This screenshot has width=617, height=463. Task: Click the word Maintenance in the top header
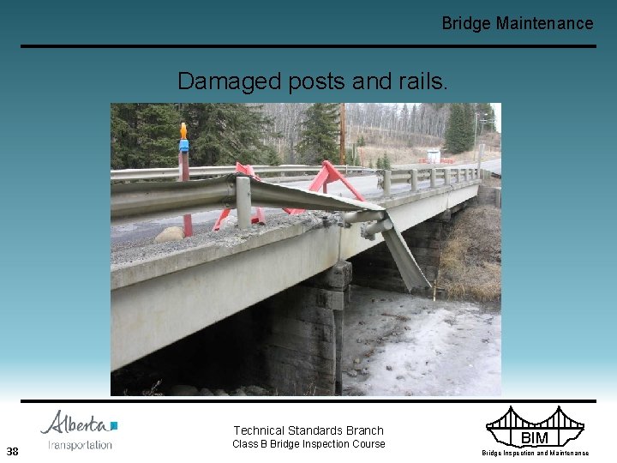tap(544, 23)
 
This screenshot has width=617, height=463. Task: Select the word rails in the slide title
tap(420, 81)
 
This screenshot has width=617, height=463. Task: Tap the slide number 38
tap(12, 451)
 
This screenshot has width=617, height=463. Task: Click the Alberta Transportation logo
tap(80, 430)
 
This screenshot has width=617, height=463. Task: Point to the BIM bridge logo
tap(534, 428)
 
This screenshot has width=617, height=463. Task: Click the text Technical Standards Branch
tap(308, 430)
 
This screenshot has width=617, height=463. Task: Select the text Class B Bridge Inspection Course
tap(308, 444)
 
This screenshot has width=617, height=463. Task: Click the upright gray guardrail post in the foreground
tap(243, 203)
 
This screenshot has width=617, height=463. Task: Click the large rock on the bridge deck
tap(170, 233)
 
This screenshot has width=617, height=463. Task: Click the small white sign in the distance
tap(433, 156)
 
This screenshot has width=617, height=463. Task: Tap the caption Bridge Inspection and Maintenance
tap(535, 453)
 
